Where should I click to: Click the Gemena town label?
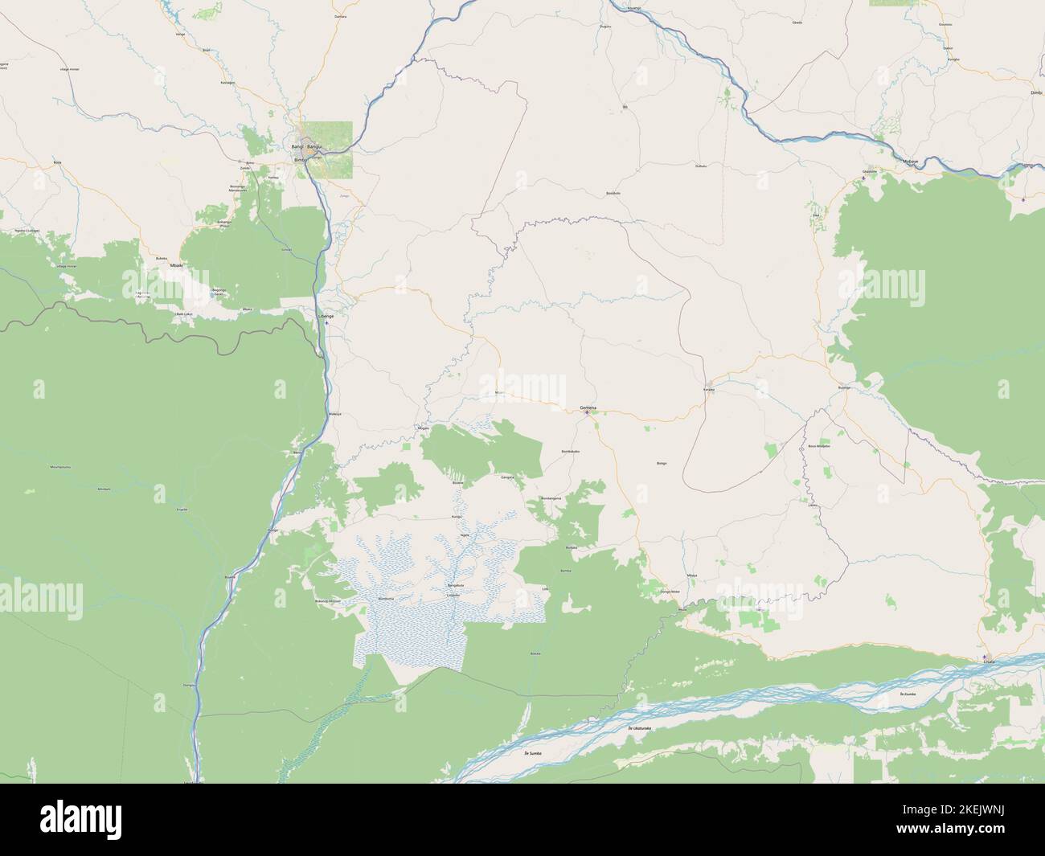(x=588, y=408)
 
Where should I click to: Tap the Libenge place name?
(x=326, y=317)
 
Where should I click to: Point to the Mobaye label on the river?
(x=911, y=162)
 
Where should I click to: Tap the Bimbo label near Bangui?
(x=301, y=160)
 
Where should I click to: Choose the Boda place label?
(x=57, y=162)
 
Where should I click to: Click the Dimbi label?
(x=1035, y=93)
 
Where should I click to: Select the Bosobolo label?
(x=613, y=194)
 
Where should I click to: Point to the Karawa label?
(x=708, y=389)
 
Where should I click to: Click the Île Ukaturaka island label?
(x=640, y=728)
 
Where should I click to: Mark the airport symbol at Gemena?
(x=586, y=414)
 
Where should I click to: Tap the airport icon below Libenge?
(x=326, y=324)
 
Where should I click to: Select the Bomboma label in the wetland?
(x=386, y=600)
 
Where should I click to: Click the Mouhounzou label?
(x=61, y=466)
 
